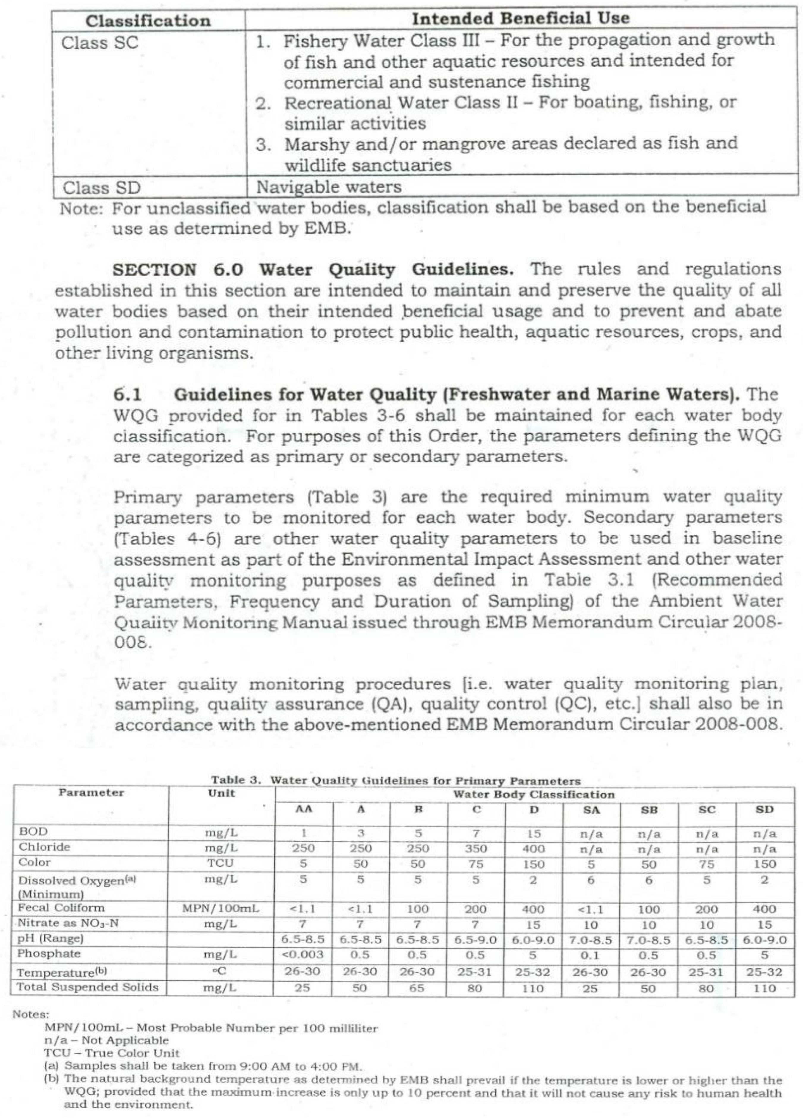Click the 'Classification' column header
coord(148,21)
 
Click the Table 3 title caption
coord(396,780)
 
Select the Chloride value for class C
coord(476,849)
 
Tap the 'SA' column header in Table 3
coord(591,810)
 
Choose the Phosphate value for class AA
coord(303,954)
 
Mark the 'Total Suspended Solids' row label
coord(88,987)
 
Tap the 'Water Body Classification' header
coord(534,794)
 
